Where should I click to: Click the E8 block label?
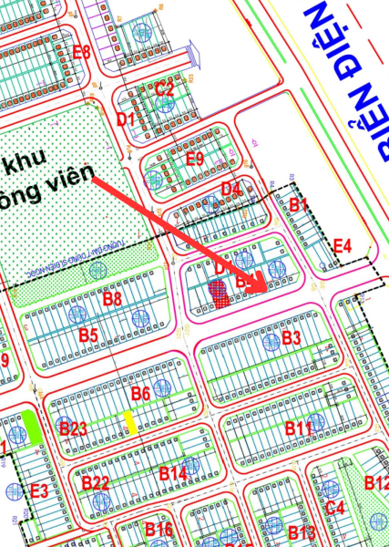pyautogui.click(x=81, y=51)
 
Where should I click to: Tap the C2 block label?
pyautogui.click(x=164, y=88)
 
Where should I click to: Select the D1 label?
pyautogui.click(x=126, y=119)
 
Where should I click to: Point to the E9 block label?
pyautogui.click(x=194, y=158)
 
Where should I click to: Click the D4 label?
pyautogui.click(x=231, y=190)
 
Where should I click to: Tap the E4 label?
pyautogui.click(x=342, y=245)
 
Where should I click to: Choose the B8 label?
pyautogui.click(x=112, y=298)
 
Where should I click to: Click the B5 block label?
pyautogui.click(x=87, y=335)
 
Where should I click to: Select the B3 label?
pyautogui.click(x=291, y=338)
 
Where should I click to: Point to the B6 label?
pyautogui.click(x=140, y=394)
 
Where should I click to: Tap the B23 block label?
pyautogui.click(x=72, y=428)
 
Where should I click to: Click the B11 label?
pyautogui.click(x=298, y=428)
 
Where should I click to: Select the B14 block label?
pyautogui.click(x=173, y=473)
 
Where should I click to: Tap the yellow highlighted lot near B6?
pyautogui.click(x=131, y=421)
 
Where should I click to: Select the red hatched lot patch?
pyautogui.click(x=220, y=293)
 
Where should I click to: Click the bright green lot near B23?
pyautogui.click(x=32, y=427)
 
